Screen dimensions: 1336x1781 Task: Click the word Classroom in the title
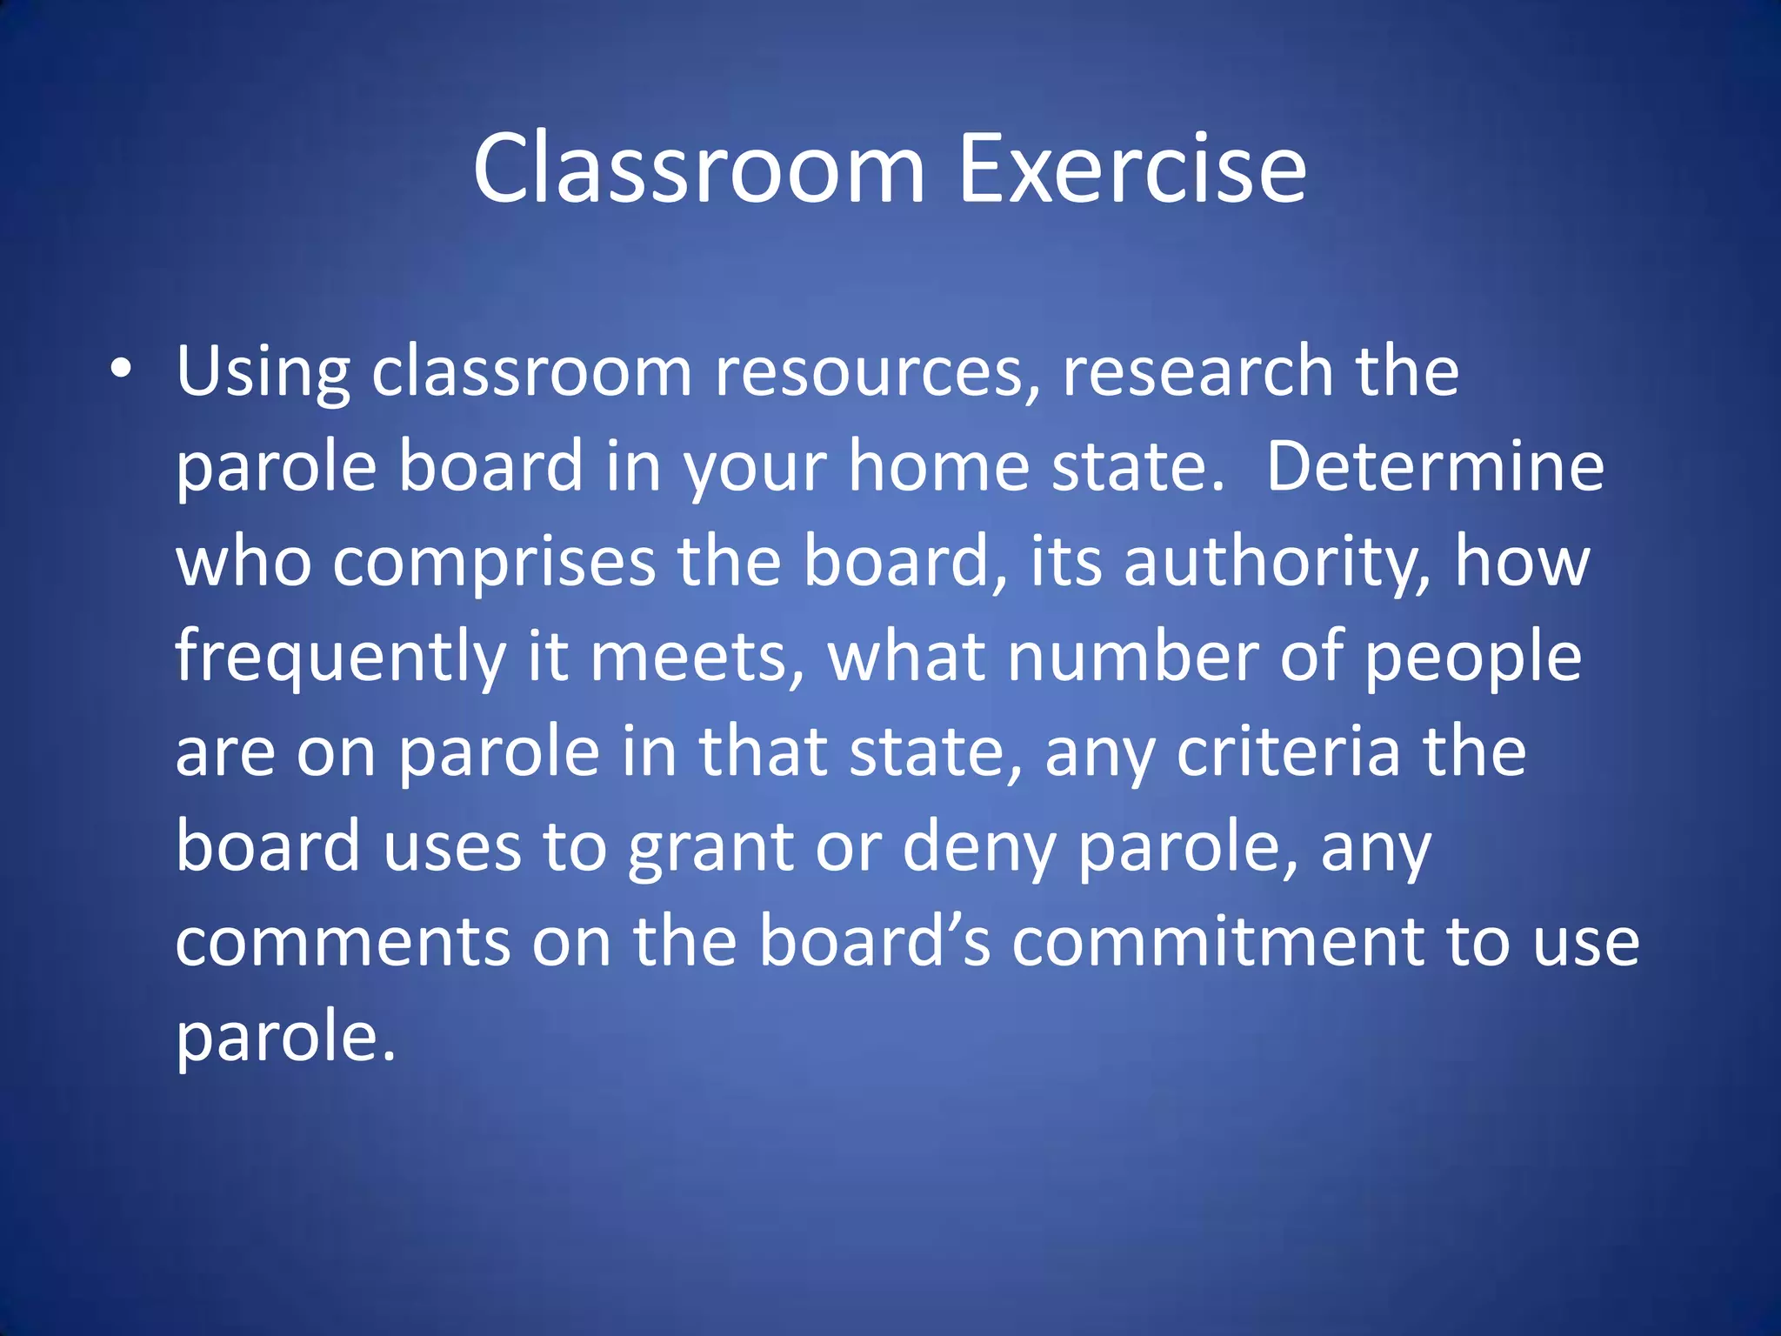coord(699,169)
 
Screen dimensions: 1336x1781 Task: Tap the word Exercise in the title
coord(1131,169)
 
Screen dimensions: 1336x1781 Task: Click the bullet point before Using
coord(122,369)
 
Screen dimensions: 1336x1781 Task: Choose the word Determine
coord(1435,467)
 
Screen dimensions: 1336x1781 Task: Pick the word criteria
coord(1288,752)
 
